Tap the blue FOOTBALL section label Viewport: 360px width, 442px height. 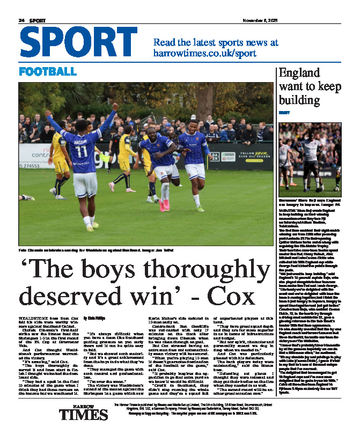[48, 71]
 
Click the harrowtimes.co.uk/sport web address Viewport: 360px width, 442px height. [204, 54]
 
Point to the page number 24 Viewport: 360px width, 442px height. [22, 20]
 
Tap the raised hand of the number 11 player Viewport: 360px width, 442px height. [115, 107]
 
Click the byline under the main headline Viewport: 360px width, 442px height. [95, 318]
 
